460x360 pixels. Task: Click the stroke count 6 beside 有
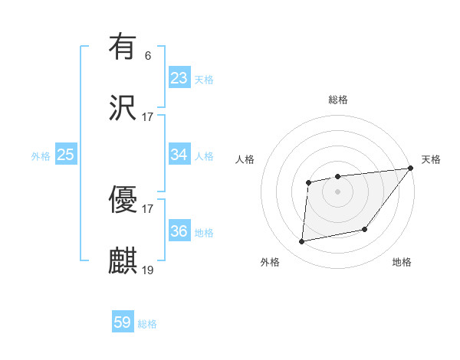pyautogui.click(x=147, y=55)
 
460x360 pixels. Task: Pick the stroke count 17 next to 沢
pyautogui.click(x=147, y=117)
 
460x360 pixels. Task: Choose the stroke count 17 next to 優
pyautogui.click(x=147, y=208)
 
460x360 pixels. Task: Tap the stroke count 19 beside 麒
pyautogui.click(x=147, y=270)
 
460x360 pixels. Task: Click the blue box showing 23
pyautogui.click(x=179, y=78)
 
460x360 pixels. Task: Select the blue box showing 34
pyautogui.click(x=179, y=155)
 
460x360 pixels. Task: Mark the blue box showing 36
pyautogui.click(x=179, y=231)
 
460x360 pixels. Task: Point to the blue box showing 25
pyautogui.click(x=66, y=155)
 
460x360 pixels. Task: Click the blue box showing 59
pyautogui.click(x=123, y=322)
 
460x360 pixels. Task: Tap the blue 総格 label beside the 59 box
pyautogui.click(x=147, y=324)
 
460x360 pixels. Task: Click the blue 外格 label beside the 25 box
pyautogui.click(x=41, y=156)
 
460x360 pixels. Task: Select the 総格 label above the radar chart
pyautogui.click(x=338, y=100)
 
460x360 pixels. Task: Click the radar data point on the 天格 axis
pyautogui.click(x=411, y=169)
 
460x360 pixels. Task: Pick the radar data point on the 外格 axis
pyautogui.click(x=302, y=242)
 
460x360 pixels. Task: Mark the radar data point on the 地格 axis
pyautogui.click(x=365, y=229)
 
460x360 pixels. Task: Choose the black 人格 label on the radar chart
pyautogui.click(x=245, y=159)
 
